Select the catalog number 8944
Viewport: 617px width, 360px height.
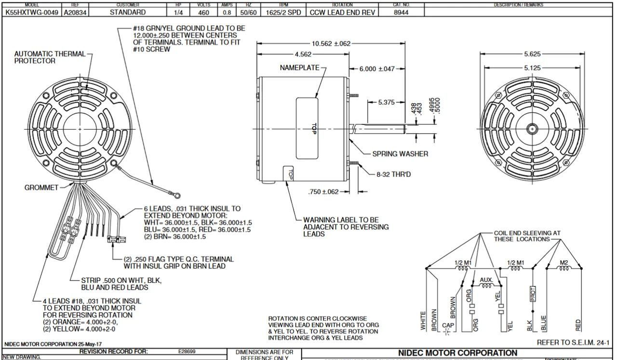pyautogui.click(x=401, y=12)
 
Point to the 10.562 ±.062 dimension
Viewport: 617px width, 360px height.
pyautogui.click(x=331, y=44)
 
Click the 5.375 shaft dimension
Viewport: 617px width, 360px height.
pyautogui.click(x=387, y=102)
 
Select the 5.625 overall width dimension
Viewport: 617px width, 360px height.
pyautogui.click(x=532, y=54)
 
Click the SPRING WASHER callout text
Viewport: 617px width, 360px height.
pyautogui.click(x=400, y=154)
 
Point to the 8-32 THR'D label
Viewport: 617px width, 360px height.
pyautogui.click(x=393, y=174)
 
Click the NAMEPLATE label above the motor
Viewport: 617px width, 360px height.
pyautogui.click(x=299, y=68)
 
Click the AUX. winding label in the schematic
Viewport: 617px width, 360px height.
pyautogui.click(x=486, y=280)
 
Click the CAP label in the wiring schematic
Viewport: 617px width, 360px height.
pyautogui.click(x=448, y=325)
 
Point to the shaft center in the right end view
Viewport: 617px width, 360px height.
pyautogui.click(x=532, y=129)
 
